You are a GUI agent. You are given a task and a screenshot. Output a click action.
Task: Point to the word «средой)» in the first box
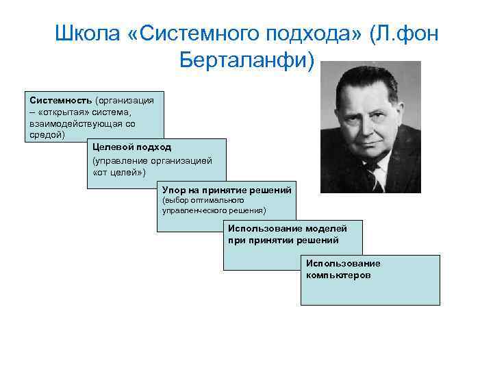pyautogui.click(x=45, y=135)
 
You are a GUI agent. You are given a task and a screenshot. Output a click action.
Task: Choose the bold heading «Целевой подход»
pyautogui.click(x=131, y=147)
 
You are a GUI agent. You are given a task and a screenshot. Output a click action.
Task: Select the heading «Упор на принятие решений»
pyautogui.click(x=227, y=189)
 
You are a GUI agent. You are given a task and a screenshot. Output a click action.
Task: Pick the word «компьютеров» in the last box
pyautogui.click(x=338, y=275)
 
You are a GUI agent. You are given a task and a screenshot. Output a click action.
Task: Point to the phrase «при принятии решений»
pyautogui.click(x=283, y=240)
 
